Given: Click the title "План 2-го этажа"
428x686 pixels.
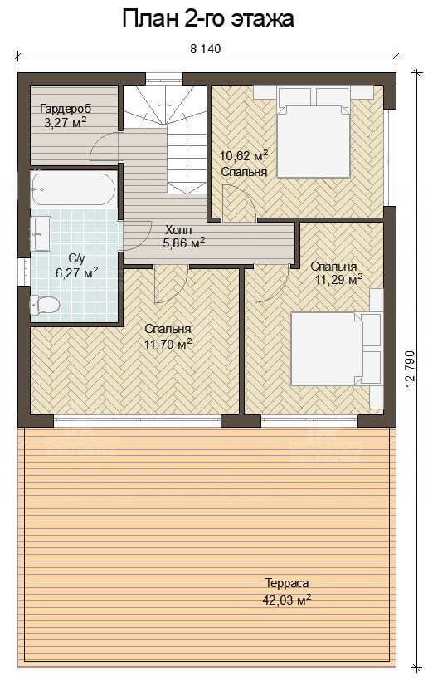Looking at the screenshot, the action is pyautogui.click(x=208, y=20).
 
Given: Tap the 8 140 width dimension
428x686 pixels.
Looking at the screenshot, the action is pyautogui.click(x=206, y=49).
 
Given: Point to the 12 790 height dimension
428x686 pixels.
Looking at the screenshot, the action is pyautogui.click(x=410, y=369).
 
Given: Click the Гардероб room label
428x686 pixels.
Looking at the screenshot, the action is pyautogui.click(x=66, y=110).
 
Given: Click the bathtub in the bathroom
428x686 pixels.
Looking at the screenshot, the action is pyautogui.click(x=73, y=189).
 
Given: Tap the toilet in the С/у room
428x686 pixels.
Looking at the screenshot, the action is pyautogui.click(x=45, y=305).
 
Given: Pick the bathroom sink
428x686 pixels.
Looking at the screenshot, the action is pyautogui.click(x=41, y=234).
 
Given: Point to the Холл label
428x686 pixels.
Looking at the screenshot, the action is pyautogui.click(x=178, y=230).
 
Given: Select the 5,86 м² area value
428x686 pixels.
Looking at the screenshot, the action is pyautogui.click(x=184, y=243).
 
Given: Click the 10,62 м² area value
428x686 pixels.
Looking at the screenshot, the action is pyautogui.click(x=243, y=154).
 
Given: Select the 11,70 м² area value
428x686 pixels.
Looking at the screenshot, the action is pyautogui.click(x=168, y=345).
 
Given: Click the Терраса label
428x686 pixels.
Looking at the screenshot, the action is pyautogui.click(x=286, y=583).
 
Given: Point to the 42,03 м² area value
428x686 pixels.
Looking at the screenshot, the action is pyautogui.click(x=286, y=599).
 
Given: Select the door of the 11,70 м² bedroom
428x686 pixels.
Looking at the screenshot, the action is pyautogui.click(x=171, y=284).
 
